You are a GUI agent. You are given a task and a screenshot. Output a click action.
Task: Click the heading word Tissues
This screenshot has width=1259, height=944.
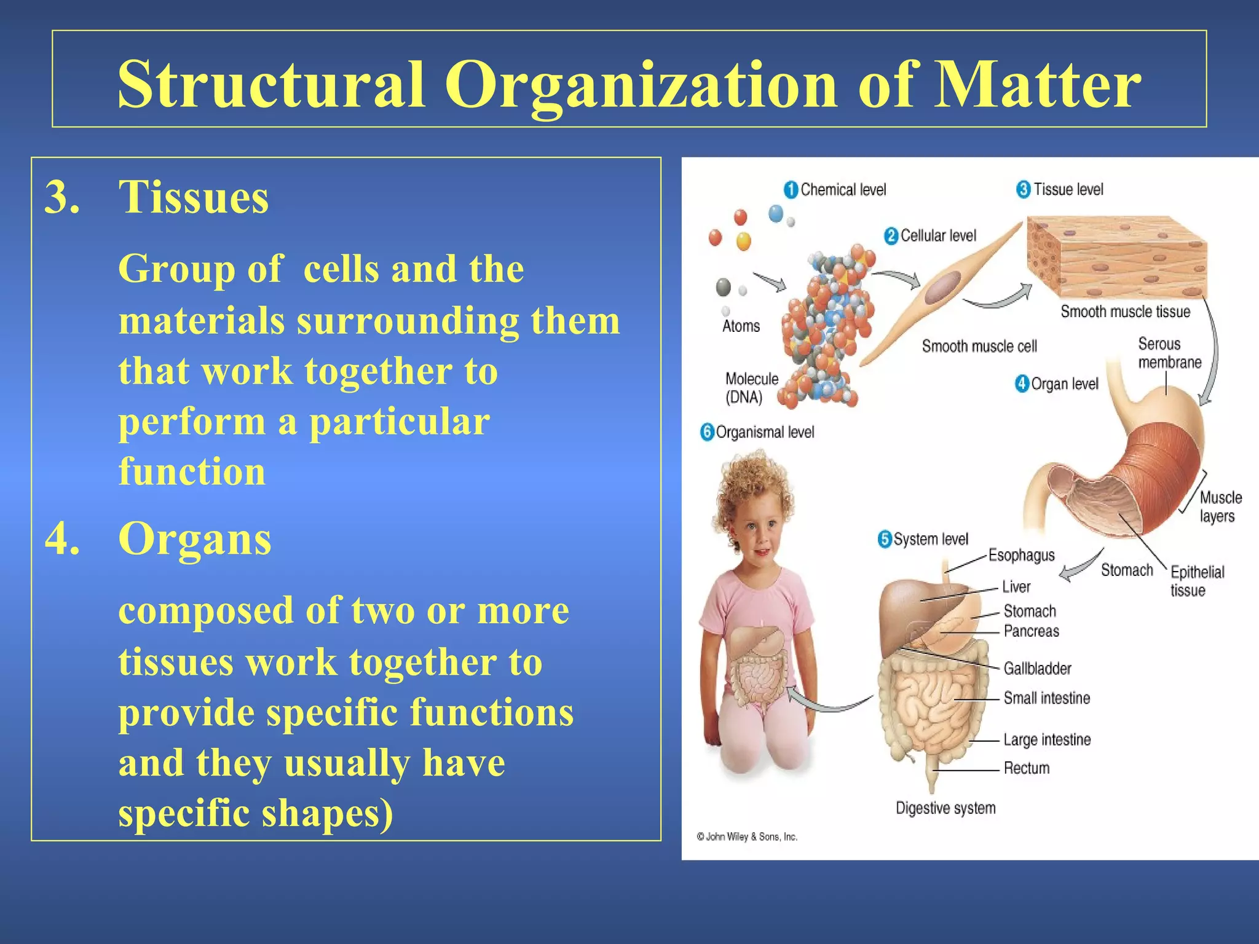click(194, 197)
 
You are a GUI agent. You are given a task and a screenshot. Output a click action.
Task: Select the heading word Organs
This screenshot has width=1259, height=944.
click(194, 538)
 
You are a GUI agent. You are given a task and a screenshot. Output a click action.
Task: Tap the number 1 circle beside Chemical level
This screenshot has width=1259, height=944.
click(791, 190)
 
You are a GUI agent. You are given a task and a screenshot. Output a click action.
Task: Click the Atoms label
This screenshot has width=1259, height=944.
click(741, 326)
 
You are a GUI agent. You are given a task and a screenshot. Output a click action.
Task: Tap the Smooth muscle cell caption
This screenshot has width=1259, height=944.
click(979, 347)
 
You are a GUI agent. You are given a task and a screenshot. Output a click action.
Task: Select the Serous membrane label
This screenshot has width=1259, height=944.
click(1169, 353)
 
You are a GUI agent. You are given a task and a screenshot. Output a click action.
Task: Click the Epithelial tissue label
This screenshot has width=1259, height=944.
click(1196, 581)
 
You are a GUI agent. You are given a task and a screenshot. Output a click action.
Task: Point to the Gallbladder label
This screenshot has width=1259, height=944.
click(1037, 668)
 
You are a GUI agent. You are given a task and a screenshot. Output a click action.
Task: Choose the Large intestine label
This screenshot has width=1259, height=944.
click(1047, 739)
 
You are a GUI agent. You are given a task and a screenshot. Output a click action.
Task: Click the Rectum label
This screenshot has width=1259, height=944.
click(1026, 768)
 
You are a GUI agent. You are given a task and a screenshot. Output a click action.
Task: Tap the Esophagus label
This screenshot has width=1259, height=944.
click(1021, 555)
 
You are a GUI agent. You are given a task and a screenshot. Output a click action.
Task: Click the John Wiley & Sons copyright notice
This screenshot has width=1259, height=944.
click(747, 836)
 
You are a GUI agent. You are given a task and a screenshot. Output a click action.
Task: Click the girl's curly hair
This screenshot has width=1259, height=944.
click(750, 486)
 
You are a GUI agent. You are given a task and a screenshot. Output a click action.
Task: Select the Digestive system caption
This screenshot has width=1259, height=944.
click(945, 808)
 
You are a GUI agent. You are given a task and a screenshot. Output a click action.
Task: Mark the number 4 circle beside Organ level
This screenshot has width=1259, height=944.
click(1022, 384)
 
